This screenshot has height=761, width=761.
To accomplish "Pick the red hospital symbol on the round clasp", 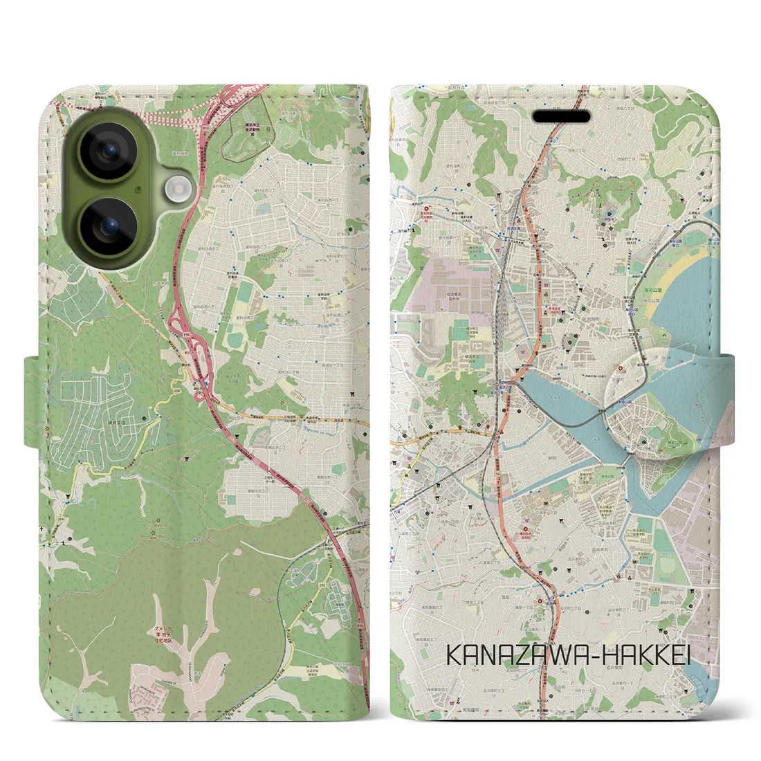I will pos(621,369).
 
